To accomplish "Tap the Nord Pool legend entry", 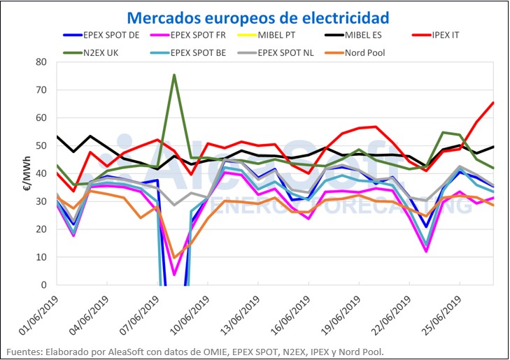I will pos(366,52).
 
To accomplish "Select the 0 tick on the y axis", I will pos(43,285).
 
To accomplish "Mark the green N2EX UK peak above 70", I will pos(174,75).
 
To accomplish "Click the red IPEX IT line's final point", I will pos(494,103).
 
